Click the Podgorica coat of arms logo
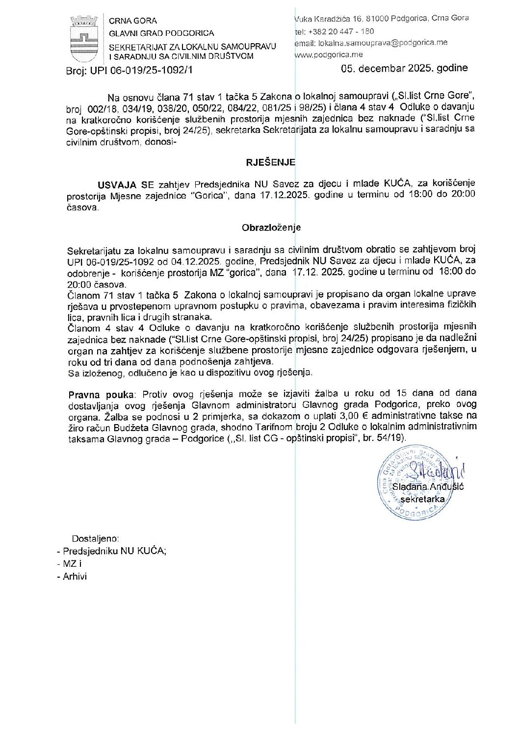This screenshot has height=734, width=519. pos(84,39)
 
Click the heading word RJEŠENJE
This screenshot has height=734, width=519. pos(270,162)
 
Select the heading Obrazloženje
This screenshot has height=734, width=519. pos(271,228)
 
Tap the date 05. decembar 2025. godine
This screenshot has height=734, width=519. pos(404,68)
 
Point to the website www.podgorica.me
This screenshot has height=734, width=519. pos(329,55)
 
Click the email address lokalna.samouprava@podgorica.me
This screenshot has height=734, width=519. pos(383,43)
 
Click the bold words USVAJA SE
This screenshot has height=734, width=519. pos(126,184)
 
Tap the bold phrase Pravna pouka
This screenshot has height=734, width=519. pos(101,394)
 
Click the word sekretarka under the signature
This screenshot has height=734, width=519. pos(422,499)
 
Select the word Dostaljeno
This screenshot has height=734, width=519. pos(95,538)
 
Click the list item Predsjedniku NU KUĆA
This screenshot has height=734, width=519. pos(114,551)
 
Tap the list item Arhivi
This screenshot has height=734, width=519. pos(75,577)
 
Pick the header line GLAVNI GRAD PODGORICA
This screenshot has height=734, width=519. pos(161,33)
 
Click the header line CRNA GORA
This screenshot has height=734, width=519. pos(133,21)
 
